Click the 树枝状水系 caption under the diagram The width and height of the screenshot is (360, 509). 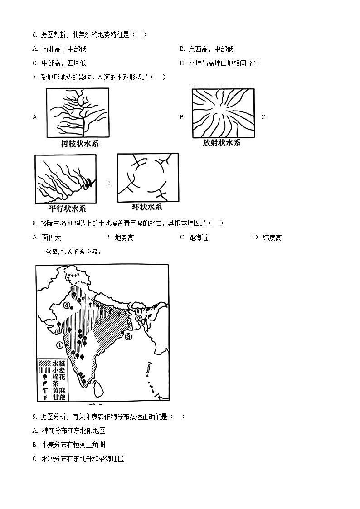point(79,144)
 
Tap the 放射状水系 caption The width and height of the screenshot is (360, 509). point(222,143)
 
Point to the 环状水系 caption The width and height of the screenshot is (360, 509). point(146,207)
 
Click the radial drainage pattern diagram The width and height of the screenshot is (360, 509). point(222,112)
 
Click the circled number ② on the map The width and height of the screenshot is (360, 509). point(139,318)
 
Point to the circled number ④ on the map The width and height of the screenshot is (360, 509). point(67,305)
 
